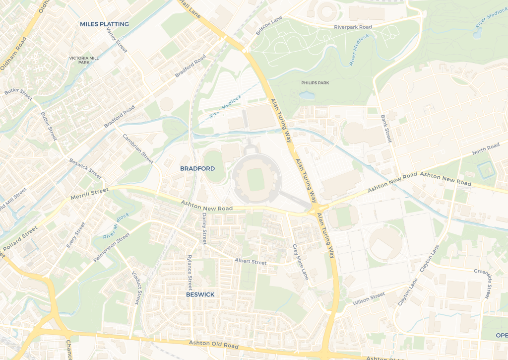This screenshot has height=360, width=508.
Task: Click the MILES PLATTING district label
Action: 104,24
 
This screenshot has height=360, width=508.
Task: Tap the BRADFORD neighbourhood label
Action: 197,169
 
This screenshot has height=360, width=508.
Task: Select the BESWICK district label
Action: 200,294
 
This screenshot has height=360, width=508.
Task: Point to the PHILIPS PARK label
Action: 315,82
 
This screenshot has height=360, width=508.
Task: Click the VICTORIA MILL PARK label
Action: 84,60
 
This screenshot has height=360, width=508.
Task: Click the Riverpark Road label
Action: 353,27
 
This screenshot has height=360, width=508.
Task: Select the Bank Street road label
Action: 386,129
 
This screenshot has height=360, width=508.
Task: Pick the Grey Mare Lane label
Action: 300,262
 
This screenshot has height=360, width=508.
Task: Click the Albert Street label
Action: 251,261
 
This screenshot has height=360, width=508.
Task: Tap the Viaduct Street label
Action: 135,287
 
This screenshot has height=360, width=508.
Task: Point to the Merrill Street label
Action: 89,193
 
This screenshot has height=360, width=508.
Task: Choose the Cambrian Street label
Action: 138,149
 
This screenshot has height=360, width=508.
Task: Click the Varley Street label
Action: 117,40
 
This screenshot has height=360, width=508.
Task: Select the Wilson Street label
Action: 369,299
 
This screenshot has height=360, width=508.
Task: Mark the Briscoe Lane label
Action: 268,25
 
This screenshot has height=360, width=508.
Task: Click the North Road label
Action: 486,148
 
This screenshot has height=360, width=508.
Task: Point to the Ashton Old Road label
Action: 213,344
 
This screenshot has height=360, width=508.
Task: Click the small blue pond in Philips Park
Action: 307,95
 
